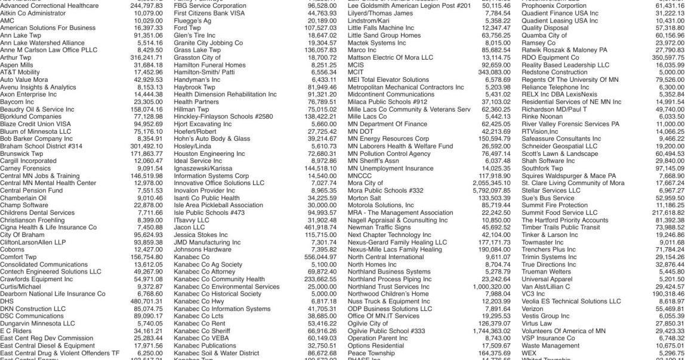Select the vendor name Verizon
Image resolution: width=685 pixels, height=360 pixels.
[533, 308]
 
